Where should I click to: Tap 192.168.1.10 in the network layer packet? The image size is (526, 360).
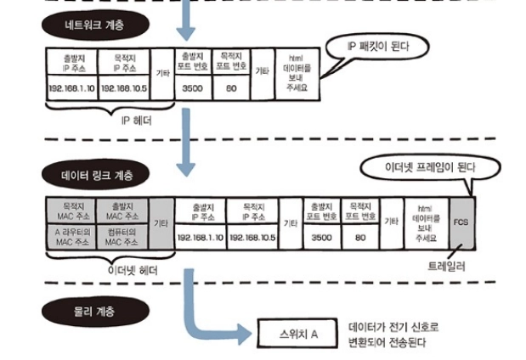[x=72, y=87]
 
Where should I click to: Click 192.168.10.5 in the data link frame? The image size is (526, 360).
[x=252, y=238]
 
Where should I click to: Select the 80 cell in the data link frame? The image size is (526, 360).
[x=359, y=238]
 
